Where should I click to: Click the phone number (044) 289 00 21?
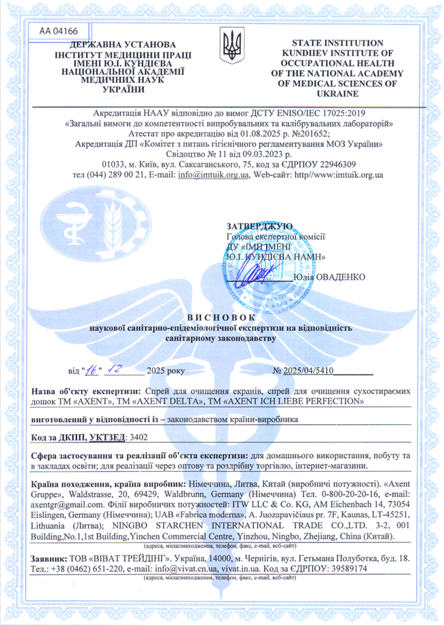(108, 175)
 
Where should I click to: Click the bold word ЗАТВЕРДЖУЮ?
(259, 226)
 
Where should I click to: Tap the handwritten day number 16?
(92, 368)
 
